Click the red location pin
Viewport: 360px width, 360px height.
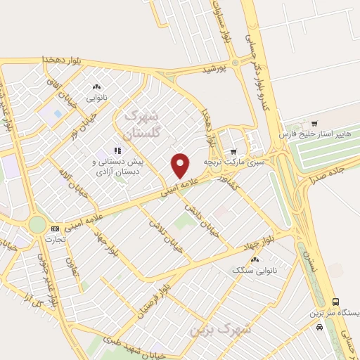click(x=181, y=165)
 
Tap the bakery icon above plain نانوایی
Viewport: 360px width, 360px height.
click(x=97, y=87)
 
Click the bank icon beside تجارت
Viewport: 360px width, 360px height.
click(x=55, y=229)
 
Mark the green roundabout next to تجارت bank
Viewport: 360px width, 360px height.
click(x=37, y=225)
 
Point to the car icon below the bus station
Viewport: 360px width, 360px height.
click(x=320, y=326)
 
